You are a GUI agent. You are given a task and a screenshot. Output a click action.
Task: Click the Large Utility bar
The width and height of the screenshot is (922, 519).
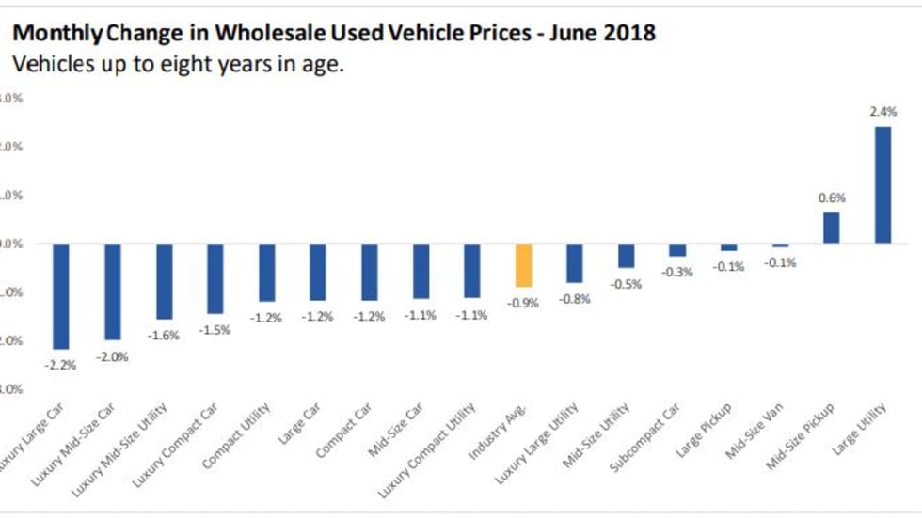tap(882, 185)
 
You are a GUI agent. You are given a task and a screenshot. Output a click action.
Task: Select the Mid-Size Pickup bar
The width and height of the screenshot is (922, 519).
tap(831, 228)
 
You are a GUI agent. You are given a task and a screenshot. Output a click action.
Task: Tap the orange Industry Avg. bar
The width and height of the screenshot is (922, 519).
tap(524, 265)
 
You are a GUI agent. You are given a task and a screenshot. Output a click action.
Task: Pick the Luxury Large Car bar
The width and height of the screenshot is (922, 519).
tap(61, 296)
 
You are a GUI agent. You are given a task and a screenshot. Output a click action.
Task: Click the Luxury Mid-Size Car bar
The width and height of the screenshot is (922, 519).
tap(112, 291)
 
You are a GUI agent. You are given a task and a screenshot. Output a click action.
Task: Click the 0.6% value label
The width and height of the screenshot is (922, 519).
tap(832, 197)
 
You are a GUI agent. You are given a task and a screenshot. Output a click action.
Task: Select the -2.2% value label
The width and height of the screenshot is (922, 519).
tap(61, 364)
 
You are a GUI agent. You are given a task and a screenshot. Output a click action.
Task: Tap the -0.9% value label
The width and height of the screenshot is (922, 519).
tap(524, 303)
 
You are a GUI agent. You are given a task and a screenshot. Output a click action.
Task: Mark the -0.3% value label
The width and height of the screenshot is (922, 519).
tap(677, 272)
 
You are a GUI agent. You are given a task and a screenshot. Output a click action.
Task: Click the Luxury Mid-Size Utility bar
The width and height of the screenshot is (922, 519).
tap(164, 281)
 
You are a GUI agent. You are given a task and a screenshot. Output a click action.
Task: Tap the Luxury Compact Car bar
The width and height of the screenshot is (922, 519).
tap(215, 278)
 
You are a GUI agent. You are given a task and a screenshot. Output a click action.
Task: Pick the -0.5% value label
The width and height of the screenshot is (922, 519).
tap(627, 284)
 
